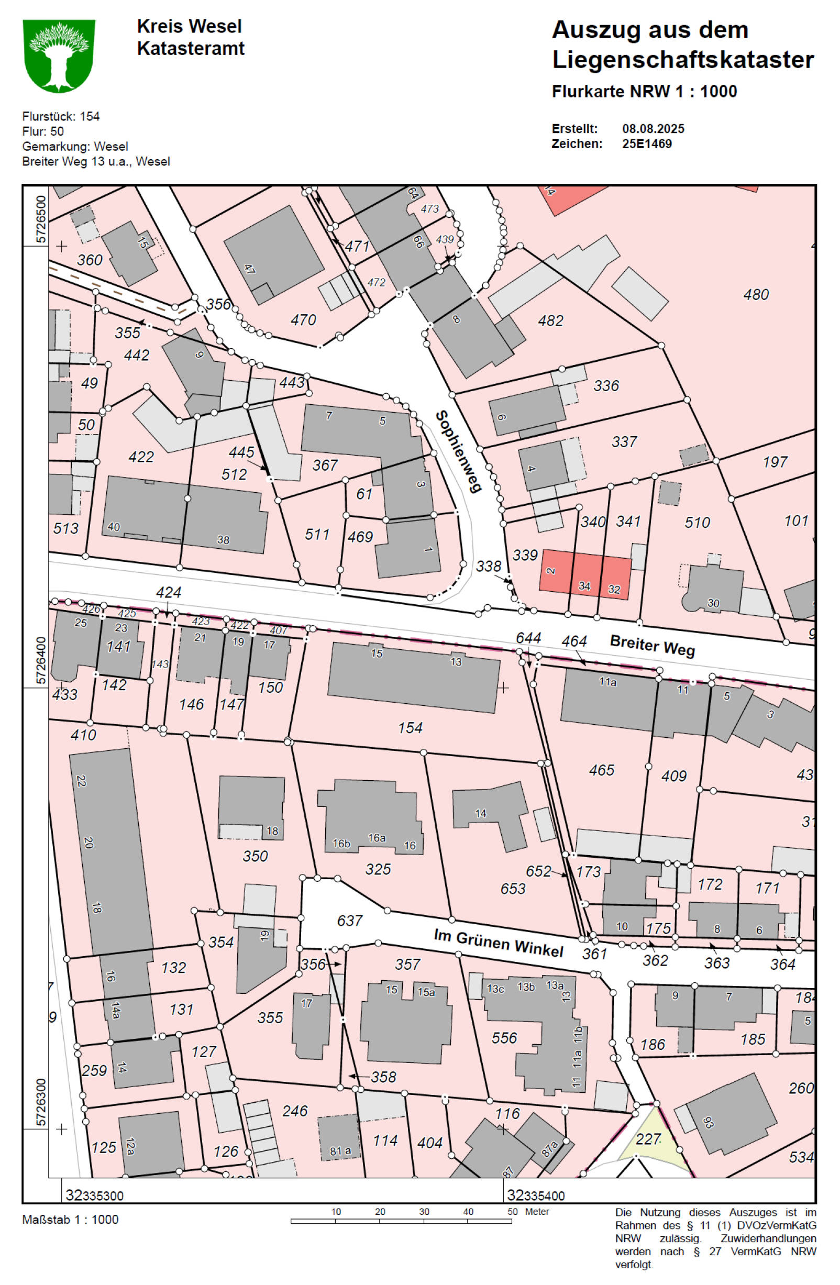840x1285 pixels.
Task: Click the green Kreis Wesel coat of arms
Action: [x=59, y=56]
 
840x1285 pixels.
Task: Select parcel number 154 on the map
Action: [x=410, y=728]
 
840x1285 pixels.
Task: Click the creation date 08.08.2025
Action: [x=653, y=128]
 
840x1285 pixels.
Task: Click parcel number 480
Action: [x=755, y=295]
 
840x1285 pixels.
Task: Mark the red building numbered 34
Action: [x=584, y=585]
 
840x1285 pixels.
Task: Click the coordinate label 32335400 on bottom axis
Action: [x=536, y=1195]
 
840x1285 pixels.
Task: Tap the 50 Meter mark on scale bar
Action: [x=512, y=1211]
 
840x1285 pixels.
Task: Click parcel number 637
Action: [x=349, y=920]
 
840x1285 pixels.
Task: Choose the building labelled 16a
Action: [x=377, y=837]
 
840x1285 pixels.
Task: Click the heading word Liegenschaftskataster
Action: [x=682, y=59]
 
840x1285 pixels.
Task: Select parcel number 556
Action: [x=504, y=1037]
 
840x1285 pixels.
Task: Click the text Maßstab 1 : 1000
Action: [x=70, y=1219]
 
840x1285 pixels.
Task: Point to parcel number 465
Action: [x=601, y=770]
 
